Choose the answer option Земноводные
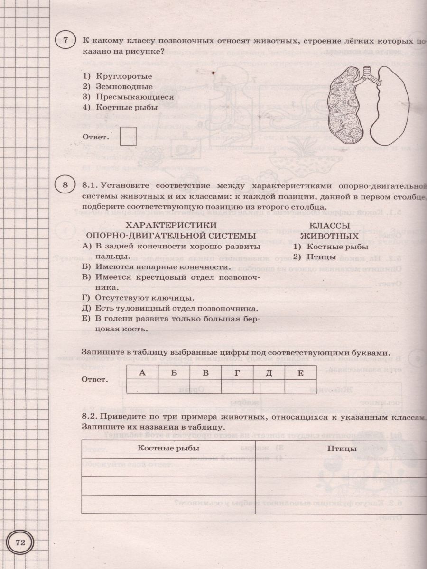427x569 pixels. click(124, 86)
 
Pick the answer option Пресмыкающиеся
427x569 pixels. click(134, 97)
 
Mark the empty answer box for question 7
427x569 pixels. click(128, 136)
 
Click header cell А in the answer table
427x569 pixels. click(142, 373)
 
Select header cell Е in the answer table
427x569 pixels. click(300, 373)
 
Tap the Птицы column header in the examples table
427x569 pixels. click(342, 449)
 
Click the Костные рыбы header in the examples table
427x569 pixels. click(168, 449)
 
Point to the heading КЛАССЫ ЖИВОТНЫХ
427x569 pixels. click(329, 230)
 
